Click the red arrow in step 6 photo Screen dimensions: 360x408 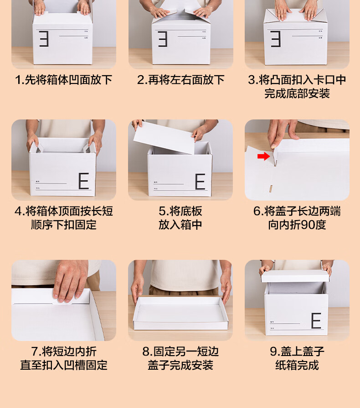click(263, 156)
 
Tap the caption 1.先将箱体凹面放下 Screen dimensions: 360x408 click(63, 80)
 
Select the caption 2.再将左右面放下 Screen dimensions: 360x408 click(181, 80)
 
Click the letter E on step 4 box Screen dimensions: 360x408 click(84, 181)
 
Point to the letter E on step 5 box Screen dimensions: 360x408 click(201, 181)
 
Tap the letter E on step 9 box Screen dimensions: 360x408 click(316, 320)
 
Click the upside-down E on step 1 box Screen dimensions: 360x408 click(44, 39)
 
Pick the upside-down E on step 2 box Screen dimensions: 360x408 click(163, 39)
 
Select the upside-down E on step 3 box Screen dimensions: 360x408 click(275, 39)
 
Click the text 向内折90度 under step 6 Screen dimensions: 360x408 click(297, 225)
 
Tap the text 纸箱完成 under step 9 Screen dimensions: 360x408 click(297, 365)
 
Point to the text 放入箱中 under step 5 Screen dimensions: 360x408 click(180, 225)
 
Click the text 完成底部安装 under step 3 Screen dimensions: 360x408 click(297, 93)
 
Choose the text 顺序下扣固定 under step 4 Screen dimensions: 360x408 click(64, 225)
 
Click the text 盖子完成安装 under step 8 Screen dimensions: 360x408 click(180, 365)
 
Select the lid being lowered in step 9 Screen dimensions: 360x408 click(295, 276)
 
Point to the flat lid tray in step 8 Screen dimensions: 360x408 click(180, 314)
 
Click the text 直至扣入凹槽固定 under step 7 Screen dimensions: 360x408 click(64, 365)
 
